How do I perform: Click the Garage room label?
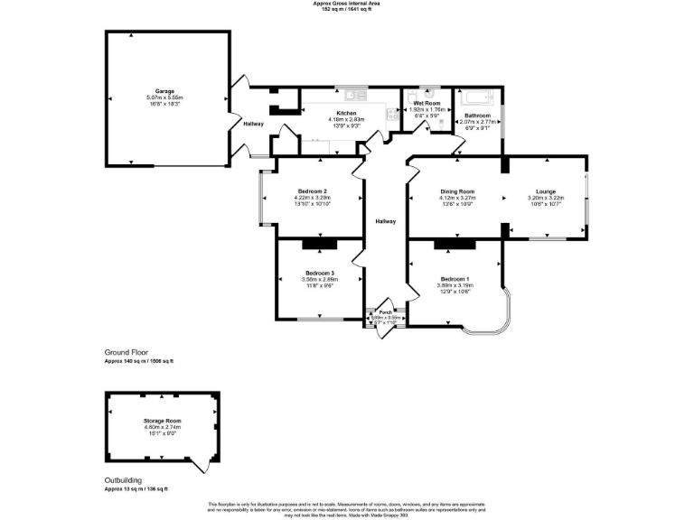pos(164,91)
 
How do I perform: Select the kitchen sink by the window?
pos(352,93)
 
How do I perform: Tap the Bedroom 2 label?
pos(312,191)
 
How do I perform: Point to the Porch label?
pos(386,311)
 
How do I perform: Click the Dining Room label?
pos(457,192)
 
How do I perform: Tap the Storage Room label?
pos(162,422)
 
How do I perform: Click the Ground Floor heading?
pos(126,352)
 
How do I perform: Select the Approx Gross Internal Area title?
pos(347,4)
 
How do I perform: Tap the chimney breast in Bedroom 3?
pos(320,243)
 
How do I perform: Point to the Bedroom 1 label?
pos(455,279)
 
